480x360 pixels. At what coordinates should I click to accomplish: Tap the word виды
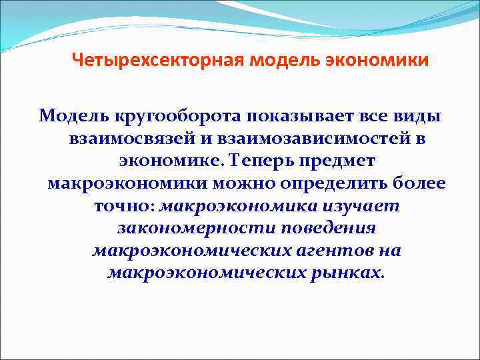(x=419, y=117)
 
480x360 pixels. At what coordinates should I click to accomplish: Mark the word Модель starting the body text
(x=67, y=117)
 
